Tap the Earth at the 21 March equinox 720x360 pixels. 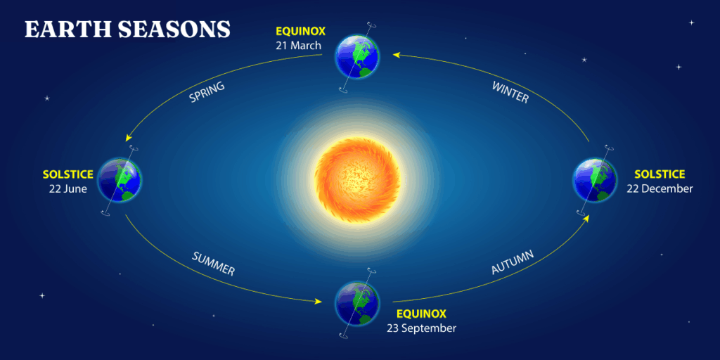(x=356, y=56)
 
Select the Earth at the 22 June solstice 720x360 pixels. (x=119, y=179)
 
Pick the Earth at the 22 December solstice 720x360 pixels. (x=595, y=180)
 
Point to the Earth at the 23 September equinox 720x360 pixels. (x=357, y=303)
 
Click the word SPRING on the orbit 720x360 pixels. (x=207, y=92)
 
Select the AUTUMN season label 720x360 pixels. (x=512, y=262)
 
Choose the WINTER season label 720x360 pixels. (x=510, y=92)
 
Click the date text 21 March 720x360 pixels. (x=299, y=46)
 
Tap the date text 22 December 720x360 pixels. (x=660, y=188)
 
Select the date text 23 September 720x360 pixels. (x=420, y=328)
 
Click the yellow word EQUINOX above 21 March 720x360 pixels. (x=299, y=32)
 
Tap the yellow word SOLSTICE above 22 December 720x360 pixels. (x=660, y=174)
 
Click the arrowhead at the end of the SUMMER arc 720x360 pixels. (x=318, y=301)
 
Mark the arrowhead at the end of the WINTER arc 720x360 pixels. (x=396, y=54)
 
